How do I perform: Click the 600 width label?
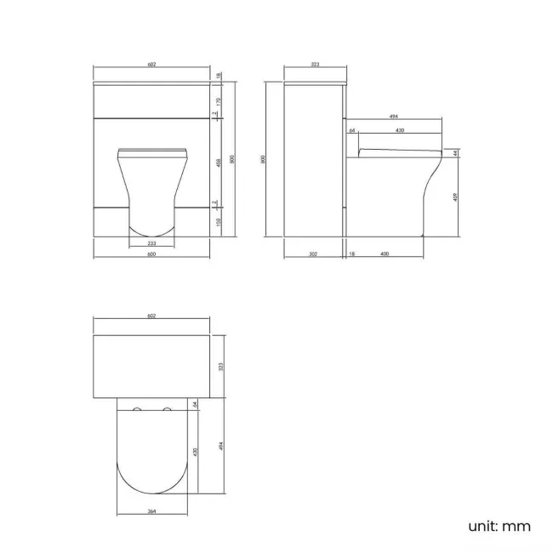coord(151,254)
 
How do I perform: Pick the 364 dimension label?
coord(151,511)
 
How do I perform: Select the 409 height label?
coord(456,197)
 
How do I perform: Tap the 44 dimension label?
coord(456,153)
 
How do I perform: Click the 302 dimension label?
coord(312,254)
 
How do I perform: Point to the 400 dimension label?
coord(385,254)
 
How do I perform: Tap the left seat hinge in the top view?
coord(138,413)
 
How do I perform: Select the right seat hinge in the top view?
coord(166,413)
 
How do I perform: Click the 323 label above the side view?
coord(315,64)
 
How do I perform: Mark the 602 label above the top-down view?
coord(151,316)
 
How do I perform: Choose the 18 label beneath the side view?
coord(351,254)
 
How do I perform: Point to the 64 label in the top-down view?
coord(195,405)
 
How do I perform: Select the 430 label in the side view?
coord(399,131)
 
